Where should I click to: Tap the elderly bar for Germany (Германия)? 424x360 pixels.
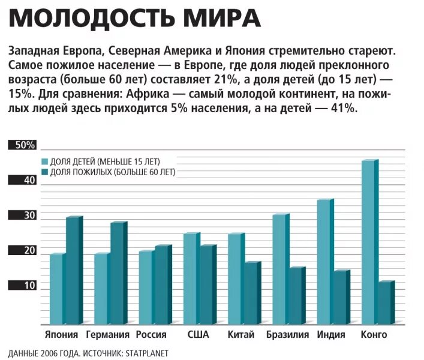(x=117, y=274)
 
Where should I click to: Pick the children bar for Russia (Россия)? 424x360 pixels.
(x=146, y=288)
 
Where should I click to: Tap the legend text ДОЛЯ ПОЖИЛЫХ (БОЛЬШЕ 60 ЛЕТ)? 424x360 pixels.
(x=113, y=172)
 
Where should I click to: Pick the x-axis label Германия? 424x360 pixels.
(x=108, y=335)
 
